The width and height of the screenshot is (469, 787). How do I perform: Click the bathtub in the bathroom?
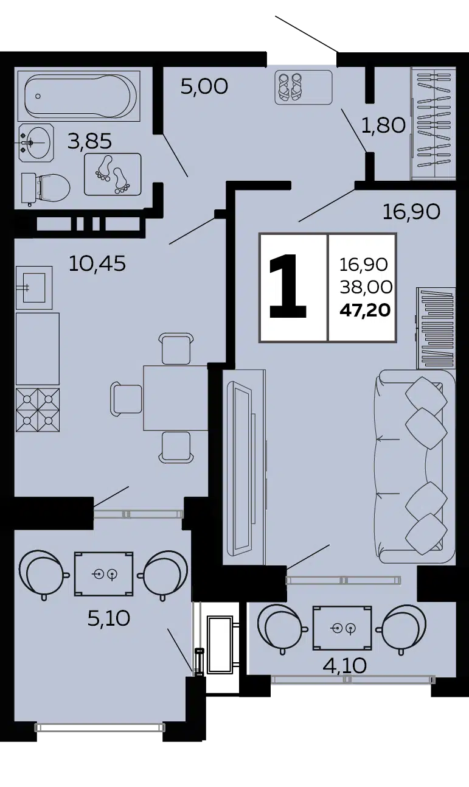pyautogui.click(x=79, y=95)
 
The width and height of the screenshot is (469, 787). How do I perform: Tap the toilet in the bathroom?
pyautogui.click(x=45, y=187)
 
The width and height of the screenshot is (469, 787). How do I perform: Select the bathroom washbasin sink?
pyautogui.click(x=36, y=142)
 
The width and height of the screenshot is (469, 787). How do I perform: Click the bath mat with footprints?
pyautogui.click(x=113, y=174)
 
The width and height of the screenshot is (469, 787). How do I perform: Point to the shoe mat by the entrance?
pyautogui.click(x=304, y=87)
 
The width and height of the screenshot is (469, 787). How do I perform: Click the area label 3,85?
pyautogui.click(x=89, y=141)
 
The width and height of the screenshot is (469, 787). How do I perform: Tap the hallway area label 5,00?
pyautogui.click(x=204, y=86)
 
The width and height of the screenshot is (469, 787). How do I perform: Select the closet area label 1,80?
pyautogui.click(x=383, y=125)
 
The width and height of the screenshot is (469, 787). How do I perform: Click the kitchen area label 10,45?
pyautogui.click(x=97, y=263)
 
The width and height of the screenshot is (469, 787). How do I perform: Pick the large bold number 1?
pyautogui.click(x=288, y=285)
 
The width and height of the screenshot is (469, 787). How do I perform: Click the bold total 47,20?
pyautogui.click(x=365, y=310)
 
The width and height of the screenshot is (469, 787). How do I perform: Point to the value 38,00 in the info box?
pyautogui.click(x=366, y=287)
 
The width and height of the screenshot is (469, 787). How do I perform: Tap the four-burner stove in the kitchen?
pyautogui.click(x=38, y=410)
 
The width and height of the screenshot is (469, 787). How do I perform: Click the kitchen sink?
pyautogui.click(x=34, y=288)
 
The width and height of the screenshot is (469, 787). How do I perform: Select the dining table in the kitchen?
pyautogui.click(x=176, y=398)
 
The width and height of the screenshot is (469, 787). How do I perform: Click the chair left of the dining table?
pyautogui.click(x=127, y=397)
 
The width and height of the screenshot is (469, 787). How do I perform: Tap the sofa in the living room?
pyautogui.click(x=414, y=466)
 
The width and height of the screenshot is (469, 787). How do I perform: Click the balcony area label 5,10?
pyautogui.click(x=109, y=619)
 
